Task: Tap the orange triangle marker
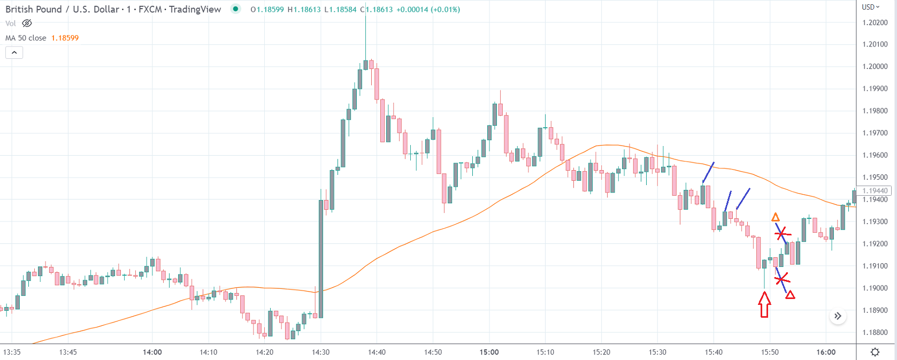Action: (775, 217)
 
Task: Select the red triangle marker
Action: (789, 295)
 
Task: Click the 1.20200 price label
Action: (875, 22)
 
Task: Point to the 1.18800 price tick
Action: (875, 332)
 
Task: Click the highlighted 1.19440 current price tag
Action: (875, 190)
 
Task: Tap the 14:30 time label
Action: (320, 352)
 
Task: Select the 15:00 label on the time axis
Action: (489, 352)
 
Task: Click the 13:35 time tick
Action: (12, 352)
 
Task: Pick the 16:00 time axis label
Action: (825, 352)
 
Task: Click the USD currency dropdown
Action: (870, 7)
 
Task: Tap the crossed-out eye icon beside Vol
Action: (27, 24)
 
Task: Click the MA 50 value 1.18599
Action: (65, 38)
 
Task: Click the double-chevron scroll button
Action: (838, 316)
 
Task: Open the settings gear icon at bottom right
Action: (875, 352)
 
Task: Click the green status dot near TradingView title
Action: (235, 9)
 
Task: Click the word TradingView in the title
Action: (195, 9)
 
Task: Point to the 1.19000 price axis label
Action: (875, 288)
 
